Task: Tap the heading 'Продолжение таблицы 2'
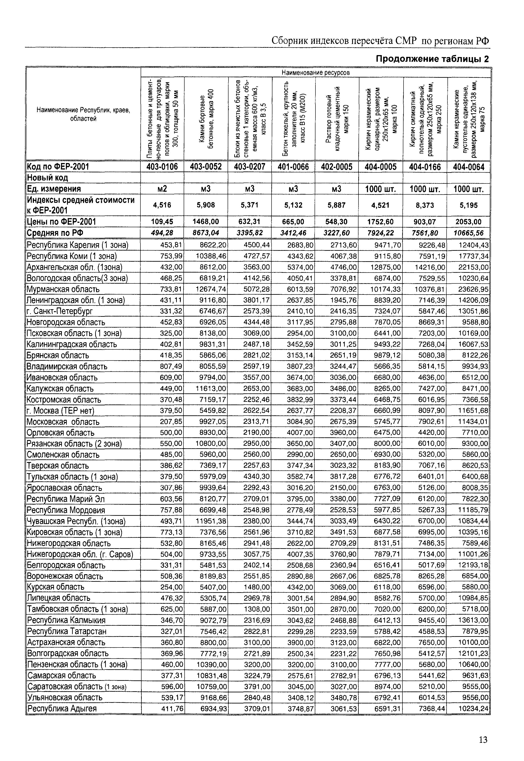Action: coord(432,59)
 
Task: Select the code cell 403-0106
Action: coord(162,167)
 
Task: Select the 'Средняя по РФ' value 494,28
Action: coord(162,233)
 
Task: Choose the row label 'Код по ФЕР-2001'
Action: coord(58,167)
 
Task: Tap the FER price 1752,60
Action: coord(381,222)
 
